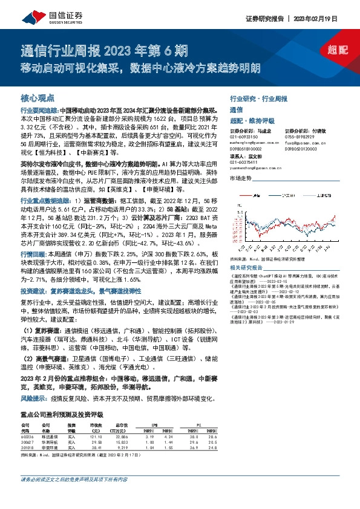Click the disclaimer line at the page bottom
pyautogui.click(x=74, y=497)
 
